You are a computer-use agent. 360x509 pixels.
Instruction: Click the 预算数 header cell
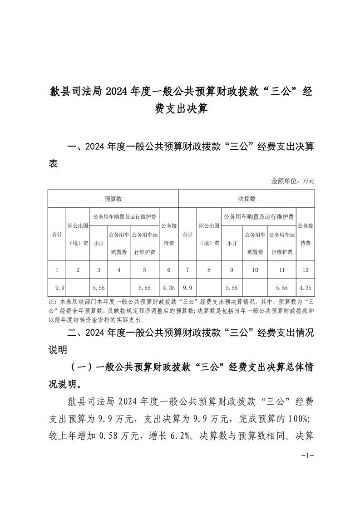113,199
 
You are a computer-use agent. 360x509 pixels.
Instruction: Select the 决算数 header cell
247,199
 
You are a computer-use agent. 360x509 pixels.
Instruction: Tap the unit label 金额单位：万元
292,181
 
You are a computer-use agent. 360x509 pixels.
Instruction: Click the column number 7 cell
187,270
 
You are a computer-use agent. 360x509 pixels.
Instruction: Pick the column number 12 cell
305,270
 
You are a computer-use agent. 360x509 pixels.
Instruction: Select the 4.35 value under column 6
168,287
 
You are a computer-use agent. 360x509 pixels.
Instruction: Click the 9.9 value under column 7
187,287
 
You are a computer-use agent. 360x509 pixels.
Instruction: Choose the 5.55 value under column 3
99,287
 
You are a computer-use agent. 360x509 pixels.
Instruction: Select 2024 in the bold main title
118,92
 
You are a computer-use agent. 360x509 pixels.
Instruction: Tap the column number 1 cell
57,270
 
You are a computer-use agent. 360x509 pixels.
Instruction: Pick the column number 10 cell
255,270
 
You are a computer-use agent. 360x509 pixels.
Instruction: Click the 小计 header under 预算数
99,244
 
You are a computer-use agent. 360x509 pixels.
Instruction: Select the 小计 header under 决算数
232,244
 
